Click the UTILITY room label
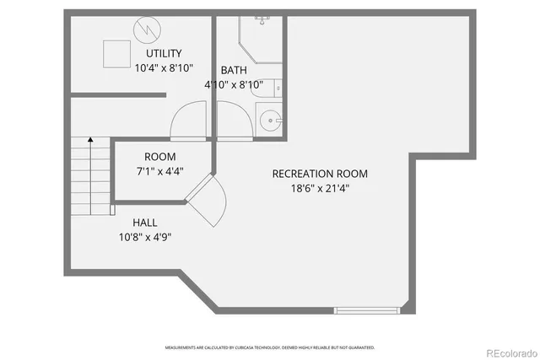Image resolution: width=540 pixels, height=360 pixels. tap(164, 54)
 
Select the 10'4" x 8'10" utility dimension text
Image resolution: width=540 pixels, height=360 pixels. tap(164, 67)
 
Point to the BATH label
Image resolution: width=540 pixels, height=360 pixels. tap(234, 70)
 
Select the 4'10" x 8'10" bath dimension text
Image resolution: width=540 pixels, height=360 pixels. tap(234, 84)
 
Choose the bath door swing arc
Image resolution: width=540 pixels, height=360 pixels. tap(235, 118)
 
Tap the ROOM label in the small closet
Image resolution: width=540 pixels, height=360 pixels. tap(159, 157)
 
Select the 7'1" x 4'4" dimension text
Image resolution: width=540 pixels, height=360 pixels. tap(159, 170)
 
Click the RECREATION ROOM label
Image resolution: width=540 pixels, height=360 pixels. tap(320, 174)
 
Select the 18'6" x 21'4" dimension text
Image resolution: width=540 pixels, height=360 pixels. tap(320, 188)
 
